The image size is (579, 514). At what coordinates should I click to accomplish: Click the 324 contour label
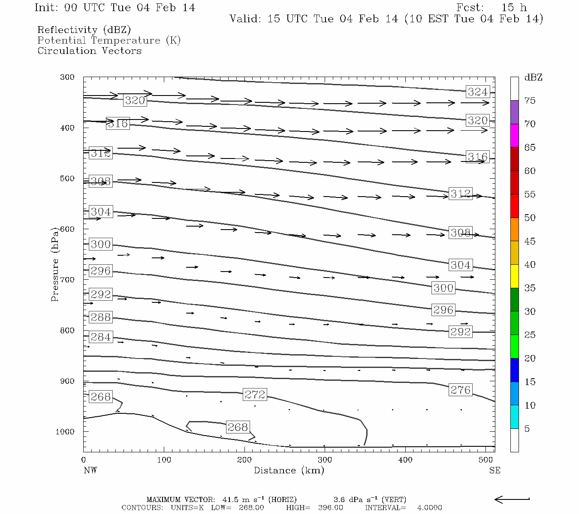(x=477, y=92)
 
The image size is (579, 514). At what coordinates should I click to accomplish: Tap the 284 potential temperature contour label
(x=101, y=337)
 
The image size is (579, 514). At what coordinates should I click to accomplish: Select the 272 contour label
(x=255, y=394)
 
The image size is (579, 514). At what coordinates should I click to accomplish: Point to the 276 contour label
(x=460, y=390)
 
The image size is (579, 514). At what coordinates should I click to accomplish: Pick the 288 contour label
(x=101, y=317)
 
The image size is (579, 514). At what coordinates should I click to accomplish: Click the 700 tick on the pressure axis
(x=67, y=280)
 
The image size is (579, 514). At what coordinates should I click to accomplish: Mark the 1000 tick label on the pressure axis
(x=65, y=432)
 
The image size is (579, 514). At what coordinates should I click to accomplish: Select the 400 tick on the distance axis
(x=405, y=460)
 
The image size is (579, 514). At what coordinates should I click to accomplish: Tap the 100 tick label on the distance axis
(x=164, y=460)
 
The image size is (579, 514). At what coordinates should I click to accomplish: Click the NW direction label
(x=90, y=470)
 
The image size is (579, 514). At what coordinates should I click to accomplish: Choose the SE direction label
(x=495, y=470)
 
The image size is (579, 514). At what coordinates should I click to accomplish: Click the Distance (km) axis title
(x=289, y=470)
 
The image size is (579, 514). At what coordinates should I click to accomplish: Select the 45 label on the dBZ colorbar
(x=530, y=241)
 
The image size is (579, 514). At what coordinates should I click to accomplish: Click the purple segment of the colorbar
(x=514, y=112)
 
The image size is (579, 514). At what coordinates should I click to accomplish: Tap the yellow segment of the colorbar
(x=514, y=276)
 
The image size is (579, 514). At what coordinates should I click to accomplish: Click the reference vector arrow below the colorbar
(x=512, y=499)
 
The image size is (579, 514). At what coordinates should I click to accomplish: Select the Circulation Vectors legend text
(x=89, y=51)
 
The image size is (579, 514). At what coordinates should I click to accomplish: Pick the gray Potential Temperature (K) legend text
(x=109, y=40)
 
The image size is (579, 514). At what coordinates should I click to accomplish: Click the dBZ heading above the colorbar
(x=533, y=78)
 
